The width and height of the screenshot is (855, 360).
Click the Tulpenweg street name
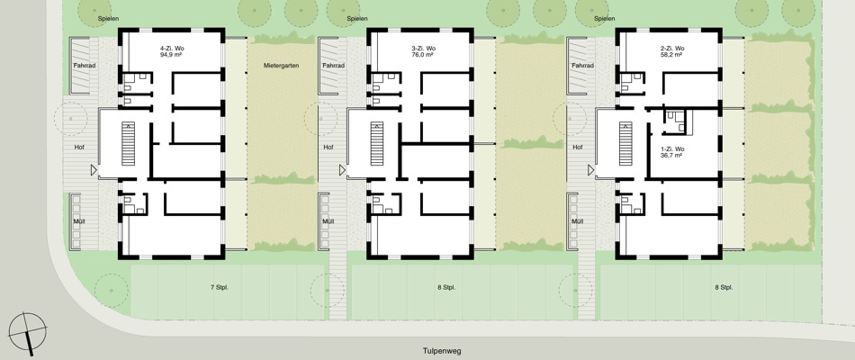[x=442, y=351]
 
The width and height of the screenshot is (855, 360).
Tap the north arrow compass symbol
[x=27, y=332]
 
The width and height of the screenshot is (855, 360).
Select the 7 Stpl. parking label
[x=219, y=287]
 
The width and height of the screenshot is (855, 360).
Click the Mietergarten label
[x=282, y=66]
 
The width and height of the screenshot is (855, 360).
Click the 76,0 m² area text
[x=423, y=55]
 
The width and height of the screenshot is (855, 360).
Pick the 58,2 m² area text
[x=671, y=55]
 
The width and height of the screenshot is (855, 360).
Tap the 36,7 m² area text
[x=671, y=156]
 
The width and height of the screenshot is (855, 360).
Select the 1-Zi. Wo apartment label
[x=671, y=148]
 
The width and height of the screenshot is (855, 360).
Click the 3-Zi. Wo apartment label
[x=424, y=49]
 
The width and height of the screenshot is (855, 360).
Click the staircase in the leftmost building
[x=128, y=145]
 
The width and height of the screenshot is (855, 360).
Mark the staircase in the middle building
[x=377, y=145]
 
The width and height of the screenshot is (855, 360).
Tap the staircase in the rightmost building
[x=625, y=145]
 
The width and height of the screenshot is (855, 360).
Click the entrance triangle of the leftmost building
[x=94, y=171]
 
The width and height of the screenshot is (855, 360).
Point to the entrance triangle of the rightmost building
[x=590, y=171]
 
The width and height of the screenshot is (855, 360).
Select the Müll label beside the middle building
[x=328, y=221]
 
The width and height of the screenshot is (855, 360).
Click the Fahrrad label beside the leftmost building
[x=85, y=66]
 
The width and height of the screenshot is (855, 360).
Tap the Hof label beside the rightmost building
[x=578, y=148]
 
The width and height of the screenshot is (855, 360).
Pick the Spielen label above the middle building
[x=357, y=19]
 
